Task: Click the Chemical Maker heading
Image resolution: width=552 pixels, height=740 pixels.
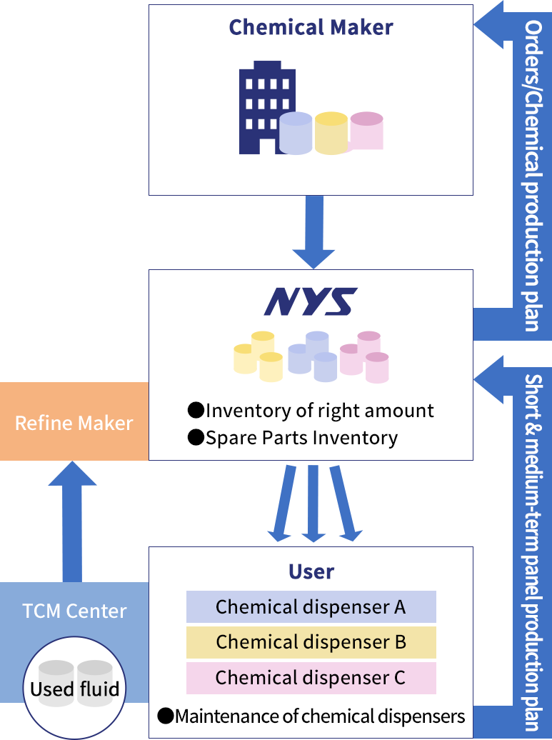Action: (311, 28)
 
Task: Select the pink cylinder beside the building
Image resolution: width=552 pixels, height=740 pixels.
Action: (366, 131)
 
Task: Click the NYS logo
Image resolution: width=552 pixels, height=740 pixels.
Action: (311, 302)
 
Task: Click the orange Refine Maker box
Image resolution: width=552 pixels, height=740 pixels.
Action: (74, 422)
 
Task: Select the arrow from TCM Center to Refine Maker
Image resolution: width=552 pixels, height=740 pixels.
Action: (72, 521)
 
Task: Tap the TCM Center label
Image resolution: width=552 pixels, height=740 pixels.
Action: (74, 611)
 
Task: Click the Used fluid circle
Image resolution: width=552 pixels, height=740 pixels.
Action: (74, 685)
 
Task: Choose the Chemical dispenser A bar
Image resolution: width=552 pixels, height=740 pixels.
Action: (311, 607)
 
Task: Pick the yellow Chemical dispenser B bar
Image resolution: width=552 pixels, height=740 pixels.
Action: (311, 642)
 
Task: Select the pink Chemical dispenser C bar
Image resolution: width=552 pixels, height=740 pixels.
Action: (311, 677)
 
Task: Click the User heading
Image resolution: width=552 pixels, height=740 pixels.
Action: (311, 571)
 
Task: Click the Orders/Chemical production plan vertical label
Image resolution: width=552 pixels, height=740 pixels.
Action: (532, 175)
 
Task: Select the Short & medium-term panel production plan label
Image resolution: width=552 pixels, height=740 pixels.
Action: (532, 550)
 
